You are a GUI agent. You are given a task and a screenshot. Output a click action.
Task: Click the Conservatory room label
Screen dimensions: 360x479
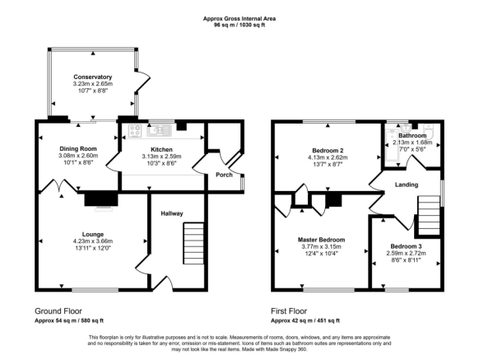91,76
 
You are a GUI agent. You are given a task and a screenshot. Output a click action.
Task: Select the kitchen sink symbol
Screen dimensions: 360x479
160,129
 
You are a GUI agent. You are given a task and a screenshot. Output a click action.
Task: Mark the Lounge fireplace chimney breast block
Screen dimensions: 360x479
100,198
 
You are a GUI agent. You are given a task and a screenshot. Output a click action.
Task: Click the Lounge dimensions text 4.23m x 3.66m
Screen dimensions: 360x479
91,241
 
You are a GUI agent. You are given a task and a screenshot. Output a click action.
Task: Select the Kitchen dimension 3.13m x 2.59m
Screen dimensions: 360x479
160,156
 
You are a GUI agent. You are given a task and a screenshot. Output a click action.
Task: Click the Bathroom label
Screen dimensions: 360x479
412,135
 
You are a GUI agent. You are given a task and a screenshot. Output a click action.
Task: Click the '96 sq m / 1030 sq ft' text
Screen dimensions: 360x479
239,26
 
